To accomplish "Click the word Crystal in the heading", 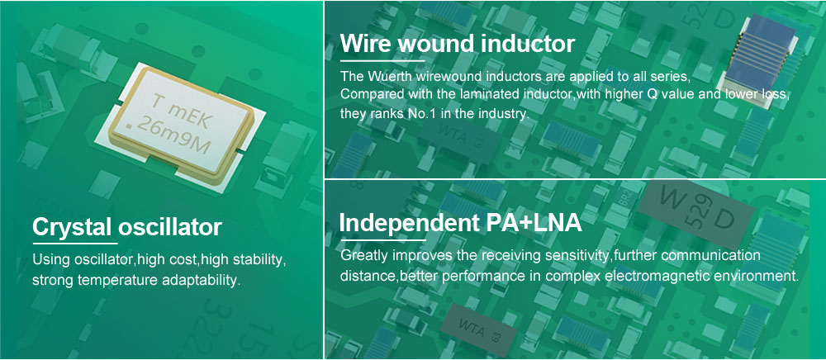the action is [x=72, y=227].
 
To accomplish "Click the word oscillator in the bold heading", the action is [x=169, y=227].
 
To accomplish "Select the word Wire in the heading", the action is [x=366, y=43].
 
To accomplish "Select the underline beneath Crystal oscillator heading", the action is [x=75, y=244].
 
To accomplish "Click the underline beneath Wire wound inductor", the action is [x=383, y=60].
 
